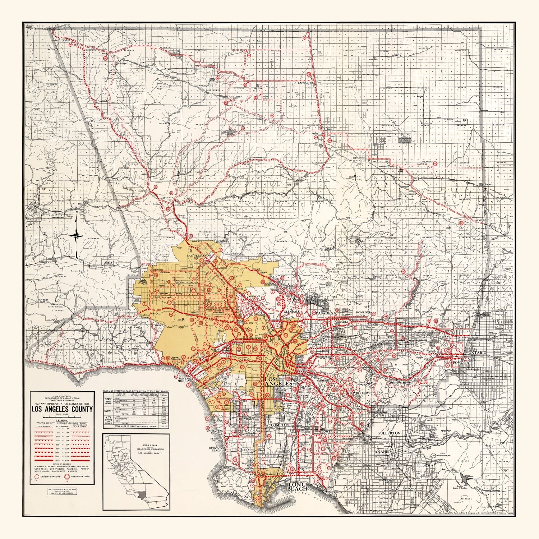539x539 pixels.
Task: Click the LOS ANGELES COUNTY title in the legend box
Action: coord(62,409)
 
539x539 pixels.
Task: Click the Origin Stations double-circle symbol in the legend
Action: coord(67,477)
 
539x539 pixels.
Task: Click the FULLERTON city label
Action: coord(389,433)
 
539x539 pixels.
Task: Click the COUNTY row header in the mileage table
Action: coord(107,410)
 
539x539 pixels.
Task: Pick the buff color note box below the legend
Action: coord(61,491)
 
